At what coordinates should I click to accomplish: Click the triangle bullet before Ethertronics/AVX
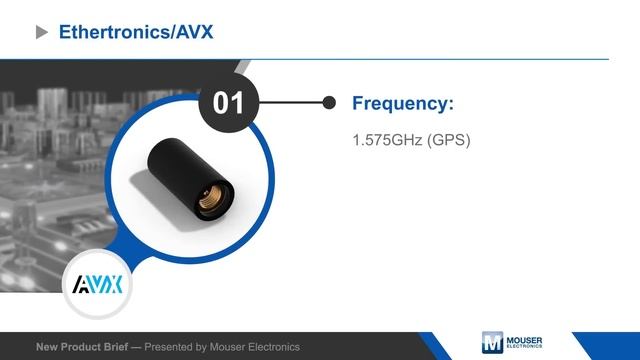click(x=42, y=32)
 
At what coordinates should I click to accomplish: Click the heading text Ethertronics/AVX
click(x=136, y=32)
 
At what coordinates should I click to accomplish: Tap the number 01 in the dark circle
click(x=230, y=102)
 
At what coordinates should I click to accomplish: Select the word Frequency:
click(x=403, y=103)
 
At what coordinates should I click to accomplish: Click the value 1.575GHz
click(x=387, y=141)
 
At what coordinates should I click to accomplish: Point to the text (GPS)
click(x=448, y=141)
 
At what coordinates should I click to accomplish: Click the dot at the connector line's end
click(x=328, y=102)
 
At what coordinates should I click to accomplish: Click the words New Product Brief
click(x=83, y=347)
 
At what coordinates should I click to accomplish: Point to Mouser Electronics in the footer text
click(x=254, y=347)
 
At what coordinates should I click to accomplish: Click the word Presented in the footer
click(x=172, y=347)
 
